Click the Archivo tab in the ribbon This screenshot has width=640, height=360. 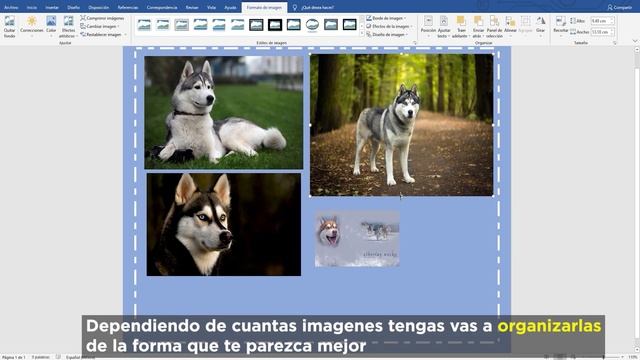point(11,6)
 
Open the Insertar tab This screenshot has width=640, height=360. point(52,6)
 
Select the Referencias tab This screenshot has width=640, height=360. point(128,6)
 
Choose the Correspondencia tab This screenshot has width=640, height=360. point(163,6)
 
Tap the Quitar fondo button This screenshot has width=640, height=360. point(9,25)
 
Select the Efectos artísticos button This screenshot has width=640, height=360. point(68,24)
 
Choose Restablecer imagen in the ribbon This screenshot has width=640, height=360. point(104,34)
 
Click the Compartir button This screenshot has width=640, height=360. point(622,6)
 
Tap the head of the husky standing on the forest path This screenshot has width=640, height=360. point(406,97)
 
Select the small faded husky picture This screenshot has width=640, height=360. point(356,238)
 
